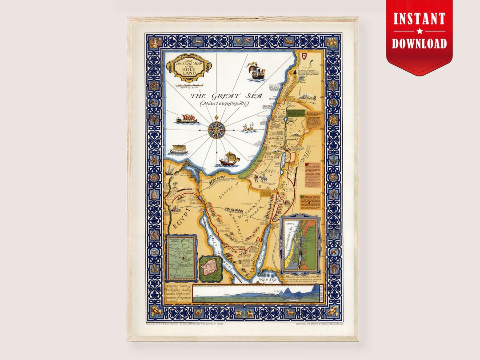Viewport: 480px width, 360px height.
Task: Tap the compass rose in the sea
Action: point(217,128)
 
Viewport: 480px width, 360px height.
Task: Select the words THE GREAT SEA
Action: point(222,96)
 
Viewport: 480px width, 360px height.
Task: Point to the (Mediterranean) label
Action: point(224,104)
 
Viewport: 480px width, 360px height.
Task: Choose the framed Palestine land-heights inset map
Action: point(300,244)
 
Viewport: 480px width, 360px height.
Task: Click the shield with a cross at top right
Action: point(304,56)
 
